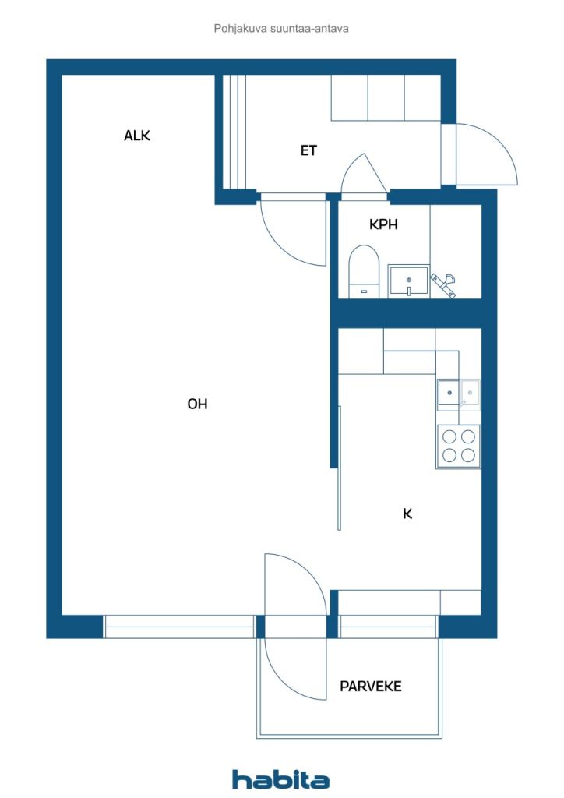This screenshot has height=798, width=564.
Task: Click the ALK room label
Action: [137, 136]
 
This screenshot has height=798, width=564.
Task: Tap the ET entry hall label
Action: [308, 150]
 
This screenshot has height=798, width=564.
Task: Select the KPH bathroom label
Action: [383, 224]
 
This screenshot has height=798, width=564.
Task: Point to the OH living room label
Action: [197, 404]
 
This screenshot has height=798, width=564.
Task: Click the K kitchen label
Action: [407, 514]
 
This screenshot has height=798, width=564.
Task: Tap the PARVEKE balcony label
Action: [371, 686]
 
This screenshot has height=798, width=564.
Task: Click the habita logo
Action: [280, 779]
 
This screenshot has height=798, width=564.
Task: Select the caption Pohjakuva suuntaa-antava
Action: [281, 29]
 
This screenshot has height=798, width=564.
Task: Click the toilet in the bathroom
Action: [364, 272]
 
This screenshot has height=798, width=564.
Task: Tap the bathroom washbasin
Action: [408, 281]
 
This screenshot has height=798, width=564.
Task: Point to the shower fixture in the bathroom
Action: [443, 284]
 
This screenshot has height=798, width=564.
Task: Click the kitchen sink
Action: [459, 394]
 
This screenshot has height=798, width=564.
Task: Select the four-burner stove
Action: [458, 446]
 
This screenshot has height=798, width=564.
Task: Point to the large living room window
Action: [179, 627]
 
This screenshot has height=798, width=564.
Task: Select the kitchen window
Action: [388, 627]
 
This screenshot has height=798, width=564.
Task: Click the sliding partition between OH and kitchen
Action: [339, 468]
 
